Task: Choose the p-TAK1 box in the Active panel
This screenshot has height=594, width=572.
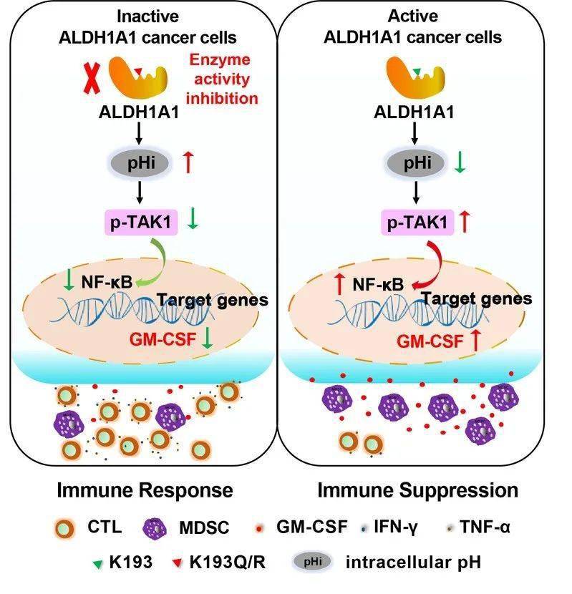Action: point(415,223)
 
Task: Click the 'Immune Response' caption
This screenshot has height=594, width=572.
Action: point(145,490)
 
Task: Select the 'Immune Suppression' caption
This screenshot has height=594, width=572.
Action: point(417,490)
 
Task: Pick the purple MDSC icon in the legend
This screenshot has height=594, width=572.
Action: point(157,529)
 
